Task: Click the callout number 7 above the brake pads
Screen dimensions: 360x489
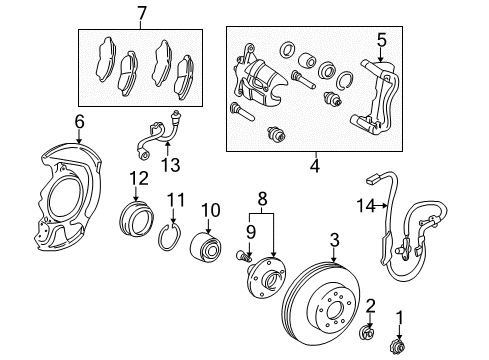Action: (x=141, y=13)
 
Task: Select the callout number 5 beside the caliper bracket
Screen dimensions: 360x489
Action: (x=381, y=40)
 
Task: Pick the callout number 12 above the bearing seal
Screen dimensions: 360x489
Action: (x=136, y=179)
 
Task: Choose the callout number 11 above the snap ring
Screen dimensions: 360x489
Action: (x=175, y=199)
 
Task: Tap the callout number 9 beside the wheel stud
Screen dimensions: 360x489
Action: (x=251, y=231)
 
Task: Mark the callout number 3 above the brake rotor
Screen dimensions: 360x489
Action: (x=334, y=239)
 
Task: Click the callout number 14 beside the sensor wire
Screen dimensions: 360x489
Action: (x=366, y=206)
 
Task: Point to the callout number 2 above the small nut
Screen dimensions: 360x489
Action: (x=370, y=305)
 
